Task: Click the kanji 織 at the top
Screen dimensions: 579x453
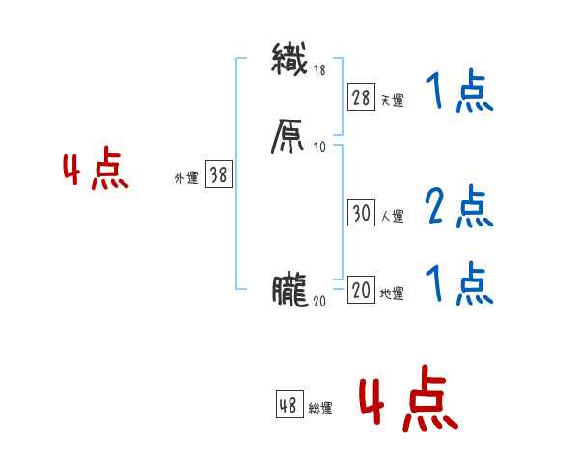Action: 289,60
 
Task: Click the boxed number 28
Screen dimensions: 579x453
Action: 361,97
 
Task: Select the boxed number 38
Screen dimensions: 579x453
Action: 218,175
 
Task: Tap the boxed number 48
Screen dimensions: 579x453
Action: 289,406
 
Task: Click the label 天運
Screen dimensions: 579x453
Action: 393,100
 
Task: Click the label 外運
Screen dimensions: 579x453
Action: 186,178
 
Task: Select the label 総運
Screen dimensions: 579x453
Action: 320,409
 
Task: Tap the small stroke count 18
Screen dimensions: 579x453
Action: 320,69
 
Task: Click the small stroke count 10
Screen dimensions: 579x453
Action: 320,147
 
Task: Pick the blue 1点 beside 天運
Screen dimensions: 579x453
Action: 458,93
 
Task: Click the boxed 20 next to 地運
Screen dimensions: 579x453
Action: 361,291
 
